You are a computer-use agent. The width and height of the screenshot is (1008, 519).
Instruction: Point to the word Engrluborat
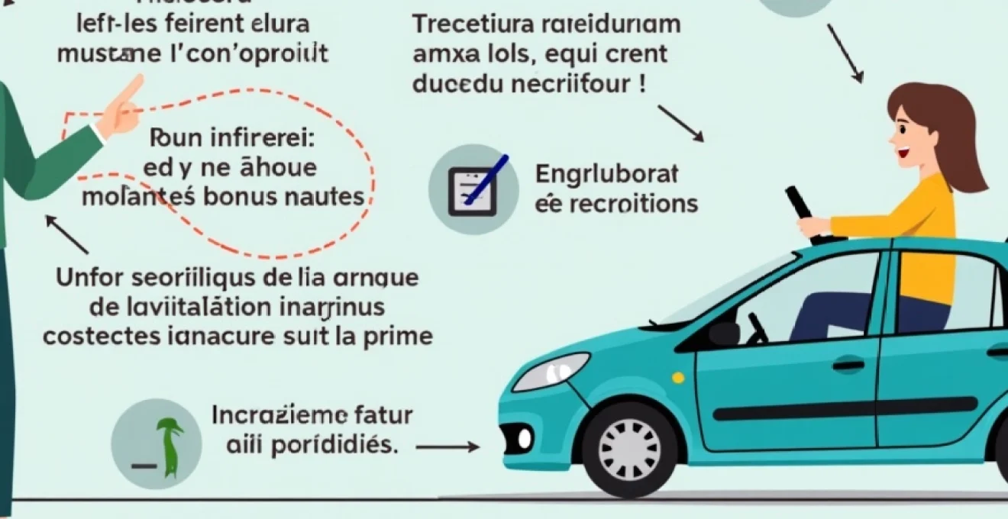[x=606, y=175]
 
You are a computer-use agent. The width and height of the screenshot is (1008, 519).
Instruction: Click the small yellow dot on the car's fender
[x=677, y=378]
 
